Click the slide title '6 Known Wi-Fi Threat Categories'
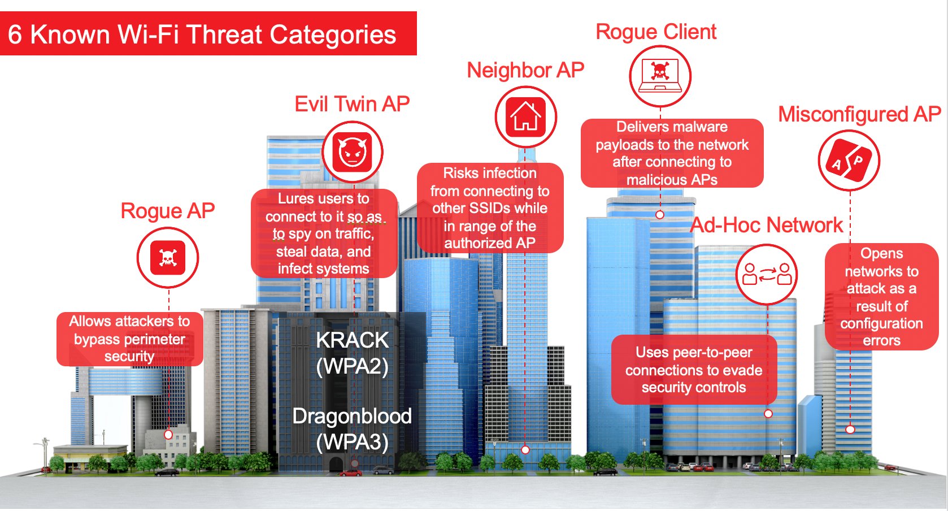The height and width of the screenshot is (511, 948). tap(202, 34)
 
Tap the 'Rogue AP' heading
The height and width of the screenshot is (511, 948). tap(168, 211)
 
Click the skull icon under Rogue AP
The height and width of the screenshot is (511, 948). tap(168, 258)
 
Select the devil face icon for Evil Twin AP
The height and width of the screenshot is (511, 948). tap(352, 152)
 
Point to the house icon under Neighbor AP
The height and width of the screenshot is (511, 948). tap(525, 117)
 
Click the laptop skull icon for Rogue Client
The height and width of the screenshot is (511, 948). tap(660, 76)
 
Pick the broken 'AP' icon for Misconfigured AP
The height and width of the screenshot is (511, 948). tap(849, 161)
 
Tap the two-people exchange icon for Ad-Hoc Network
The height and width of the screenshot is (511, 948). tap(767, 274)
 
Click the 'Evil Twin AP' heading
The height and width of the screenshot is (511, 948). tap(352, 104)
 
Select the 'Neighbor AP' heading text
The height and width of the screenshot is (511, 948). tap(525, 70)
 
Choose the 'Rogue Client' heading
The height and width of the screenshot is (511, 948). tap(656, 32)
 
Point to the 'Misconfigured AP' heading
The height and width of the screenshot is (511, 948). tap(859, 114)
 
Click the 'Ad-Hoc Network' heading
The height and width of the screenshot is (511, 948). tap(767, 225)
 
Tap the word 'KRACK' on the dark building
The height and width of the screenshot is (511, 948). tap(352, 340)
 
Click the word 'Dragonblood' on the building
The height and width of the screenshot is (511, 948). tap(352, 416)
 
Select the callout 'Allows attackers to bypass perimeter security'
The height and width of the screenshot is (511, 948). tap(130, 339)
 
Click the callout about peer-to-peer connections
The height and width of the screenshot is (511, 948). tap(694, 370)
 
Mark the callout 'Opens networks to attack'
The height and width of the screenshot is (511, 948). tap(881, 297)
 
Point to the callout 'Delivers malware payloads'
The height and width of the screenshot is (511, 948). tap(672, 153)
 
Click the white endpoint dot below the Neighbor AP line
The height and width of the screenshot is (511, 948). tap(525, 450)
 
